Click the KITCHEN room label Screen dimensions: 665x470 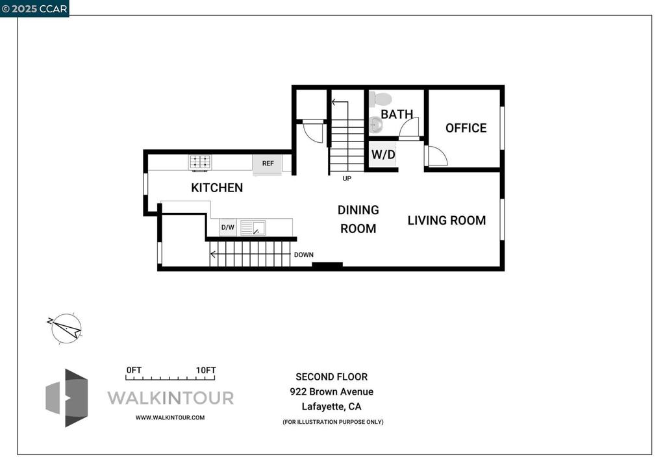[217, 188]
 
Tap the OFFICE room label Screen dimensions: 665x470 [466, 128]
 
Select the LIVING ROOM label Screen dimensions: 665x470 [447, 220]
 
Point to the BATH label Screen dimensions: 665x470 [397, 114]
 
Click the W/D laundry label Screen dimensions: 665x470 [383, 155]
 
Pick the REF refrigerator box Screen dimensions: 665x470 [268, 164]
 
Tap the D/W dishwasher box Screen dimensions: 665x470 [228, 227]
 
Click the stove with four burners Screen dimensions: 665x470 [200, 162]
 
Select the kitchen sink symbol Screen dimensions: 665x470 [253, 228]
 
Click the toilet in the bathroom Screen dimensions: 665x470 [379, 99]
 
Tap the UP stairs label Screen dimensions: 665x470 [347, 179]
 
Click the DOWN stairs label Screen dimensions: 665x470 [304, 254]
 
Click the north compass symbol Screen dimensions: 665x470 [66, 328]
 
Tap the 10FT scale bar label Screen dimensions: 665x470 [206, 370]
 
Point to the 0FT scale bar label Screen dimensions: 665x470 [134, 370]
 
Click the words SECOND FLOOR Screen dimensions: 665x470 [332, 377]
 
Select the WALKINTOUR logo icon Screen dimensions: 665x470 [67, 398]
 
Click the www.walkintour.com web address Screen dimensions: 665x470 [170, 417]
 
